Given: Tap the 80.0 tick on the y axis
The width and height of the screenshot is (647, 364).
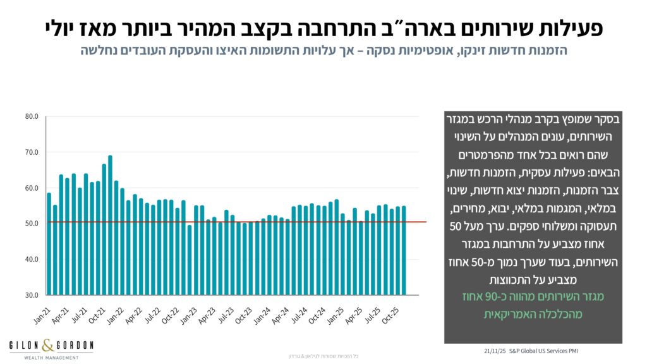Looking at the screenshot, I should click(x=32, y=117).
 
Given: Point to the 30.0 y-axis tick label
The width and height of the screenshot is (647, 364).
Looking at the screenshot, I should click(x=32, y=295).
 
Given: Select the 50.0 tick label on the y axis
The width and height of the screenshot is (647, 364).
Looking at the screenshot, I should click(x=32, y=224).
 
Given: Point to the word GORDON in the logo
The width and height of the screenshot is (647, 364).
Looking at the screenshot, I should click(x=75, y=346).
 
